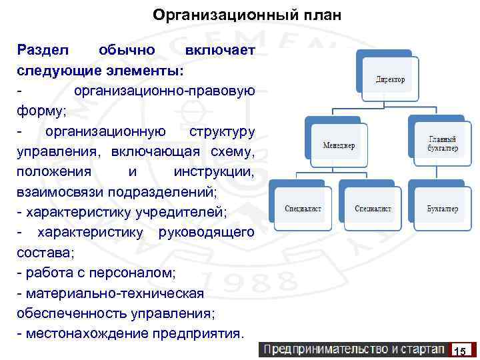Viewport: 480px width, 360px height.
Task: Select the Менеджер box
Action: pyautogui.click(x=339, y=144)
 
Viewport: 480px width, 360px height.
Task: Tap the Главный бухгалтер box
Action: pyautogui.click(x=442, y=143)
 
